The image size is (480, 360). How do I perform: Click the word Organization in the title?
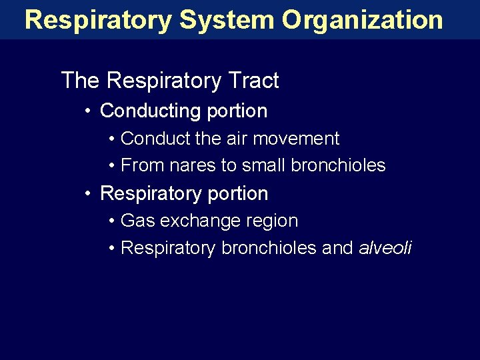[362, 20]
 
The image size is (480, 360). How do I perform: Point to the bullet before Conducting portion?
[89, 111]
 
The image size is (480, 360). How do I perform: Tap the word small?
[255, 165]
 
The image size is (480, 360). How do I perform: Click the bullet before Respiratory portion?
[89, 193]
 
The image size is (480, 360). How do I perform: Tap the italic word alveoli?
[385, 248]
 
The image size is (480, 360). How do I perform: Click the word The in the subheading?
[80, 81]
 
